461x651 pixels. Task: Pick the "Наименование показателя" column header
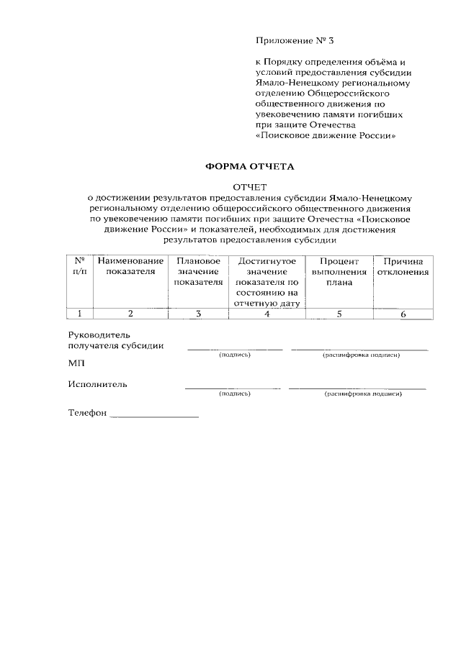[130, 266]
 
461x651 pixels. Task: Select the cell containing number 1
[80, 313]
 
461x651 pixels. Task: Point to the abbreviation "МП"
[76, 364]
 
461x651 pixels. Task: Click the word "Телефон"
[87, 414]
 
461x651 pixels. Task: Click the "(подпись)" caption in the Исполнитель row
[234, 394]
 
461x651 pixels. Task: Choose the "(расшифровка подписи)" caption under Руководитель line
[361, 355]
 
